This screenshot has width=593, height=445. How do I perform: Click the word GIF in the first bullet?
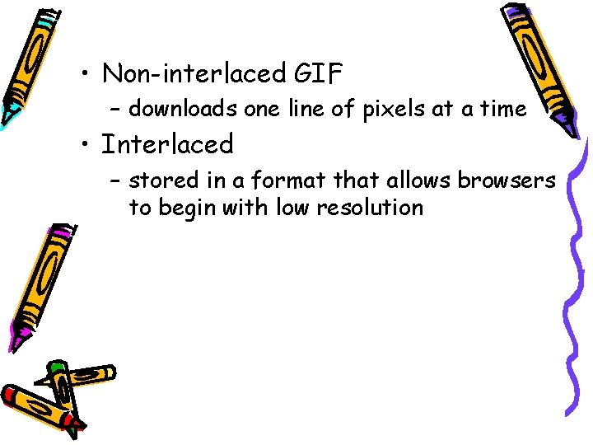(x=318, y=74)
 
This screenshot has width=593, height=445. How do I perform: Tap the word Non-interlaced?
(x=194, y=74)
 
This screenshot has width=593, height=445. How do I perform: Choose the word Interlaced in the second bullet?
(x=167, y=145)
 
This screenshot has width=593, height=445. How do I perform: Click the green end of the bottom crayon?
(x=56, y=366)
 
